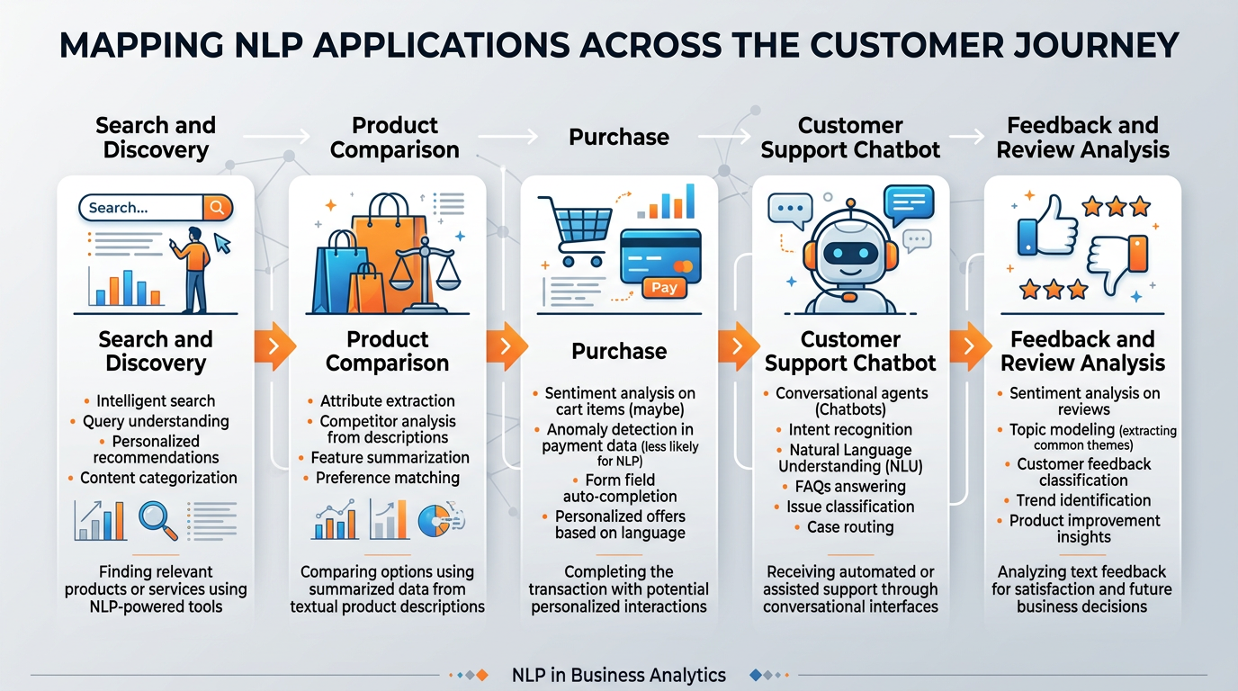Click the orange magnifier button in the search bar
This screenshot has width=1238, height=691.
[217, 208]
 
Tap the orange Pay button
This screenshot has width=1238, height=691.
[664, 288]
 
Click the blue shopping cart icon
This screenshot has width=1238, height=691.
[575, 229]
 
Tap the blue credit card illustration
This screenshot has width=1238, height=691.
[660, 253]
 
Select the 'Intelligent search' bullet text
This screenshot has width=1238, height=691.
[156, 401]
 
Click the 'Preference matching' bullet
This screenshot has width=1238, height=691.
[388, 478]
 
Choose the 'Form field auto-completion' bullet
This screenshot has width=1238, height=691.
[620, 488]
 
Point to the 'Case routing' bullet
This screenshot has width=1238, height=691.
[850, 527]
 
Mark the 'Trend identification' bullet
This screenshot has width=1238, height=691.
[1083, 500]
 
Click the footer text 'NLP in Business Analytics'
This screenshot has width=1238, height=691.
[618, 675]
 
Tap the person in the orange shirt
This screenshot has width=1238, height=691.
[193, 265]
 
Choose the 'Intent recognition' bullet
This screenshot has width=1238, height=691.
[850, 430]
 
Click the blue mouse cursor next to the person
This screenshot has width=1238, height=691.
[221, 243]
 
